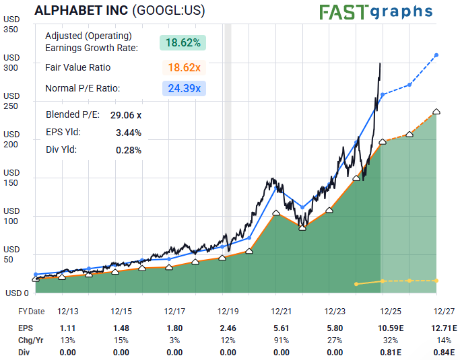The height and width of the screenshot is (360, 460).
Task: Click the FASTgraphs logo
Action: click(375, 11)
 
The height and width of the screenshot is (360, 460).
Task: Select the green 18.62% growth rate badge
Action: click(183, 42)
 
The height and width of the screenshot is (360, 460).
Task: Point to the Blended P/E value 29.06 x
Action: click(126, 115)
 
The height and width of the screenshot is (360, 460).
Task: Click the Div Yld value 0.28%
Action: click(129, 150)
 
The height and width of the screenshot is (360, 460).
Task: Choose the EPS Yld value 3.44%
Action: click(129, 133)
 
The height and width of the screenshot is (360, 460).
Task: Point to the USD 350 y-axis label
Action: click(11, 25)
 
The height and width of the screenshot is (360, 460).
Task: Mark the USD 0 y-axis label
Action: click(16, 293)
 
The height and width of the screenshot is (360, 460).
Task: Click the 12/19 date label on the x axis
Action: click(228, 312)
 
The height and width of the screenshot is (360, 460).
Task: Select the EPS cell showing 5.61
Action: click(282, 328)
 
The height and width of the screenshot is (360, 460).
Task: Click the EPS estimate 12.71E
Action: click(442, 328)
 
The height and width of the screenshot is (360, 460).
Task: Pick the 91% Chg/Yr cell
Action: click(282, 340)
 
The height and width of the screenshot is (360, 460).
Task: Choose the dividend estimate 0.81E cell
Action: click(389, 352)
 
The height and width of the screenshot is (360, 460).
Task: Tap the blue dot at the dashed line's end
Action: click(436, 55)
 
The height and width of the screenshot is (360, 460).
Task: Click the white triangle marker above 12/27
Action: click(436, 112)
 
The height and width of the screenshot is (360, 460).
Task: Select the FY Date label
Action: click(31, 312)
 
